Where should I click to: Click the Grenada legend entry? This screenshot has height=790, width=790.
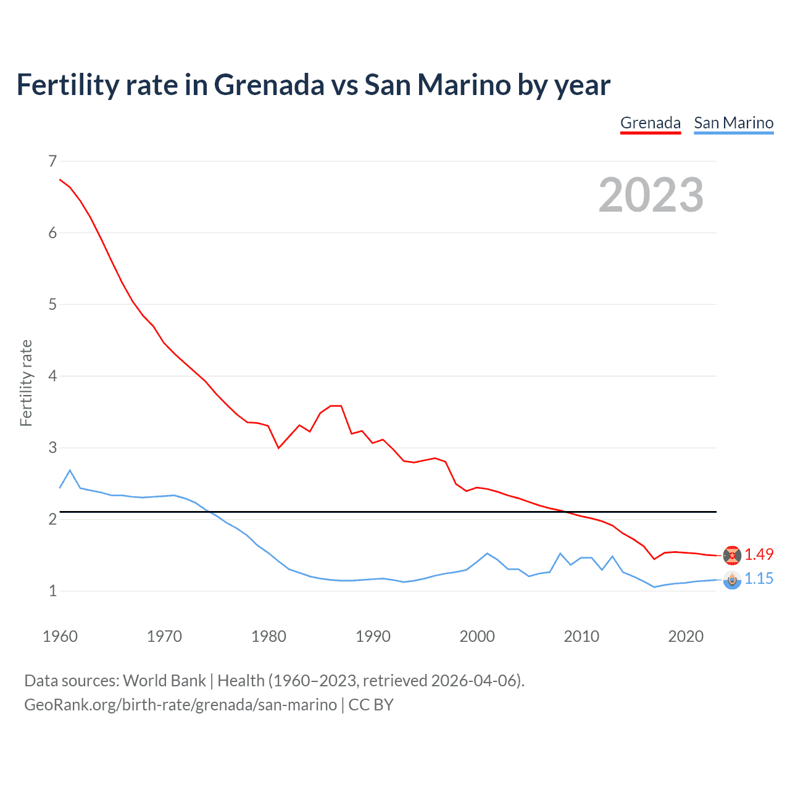pyautogui.click(x=651, y=123)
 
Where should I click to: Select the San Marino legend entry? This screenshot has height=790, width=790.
pyautogui.click(x=733, y=123)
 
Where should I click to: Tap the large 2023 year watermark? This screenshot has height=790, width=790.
pyautogui.click(x=651, y=195)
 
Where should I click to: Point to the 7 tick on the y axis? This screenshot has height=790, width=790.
pyautogui.click(x=52, y=161)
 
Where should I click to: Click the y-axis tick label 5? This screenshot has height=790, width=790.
pyautogui.click(x=52, y=304)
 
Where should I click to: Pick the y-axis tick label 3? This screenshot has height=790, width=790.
pyautogui.click(x=52, y=447)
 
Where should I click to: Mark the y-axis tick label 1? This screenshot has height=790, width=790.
pyautogui.click(x=52, y=591)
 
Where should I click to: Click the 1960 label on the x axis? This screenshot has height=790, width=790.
pyautogui.click(x=60, y=636)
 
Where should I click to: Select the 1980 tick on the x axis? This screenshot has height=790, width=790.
pyautogui.click(x=268, y=636)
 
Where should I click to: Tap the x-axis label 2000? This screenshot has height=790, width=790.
pyautogui.click(x=477, y=636)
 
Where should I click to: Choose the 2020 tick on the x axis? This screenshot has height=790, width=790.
pyautogui.click(x=686, y=636)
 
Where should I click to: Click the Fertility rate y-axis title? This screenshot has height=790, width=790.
pyautogui.click(x=26, y=383)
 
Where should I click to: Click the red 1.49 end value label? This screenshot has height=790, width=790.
pyautogui.click(x=759, y=554)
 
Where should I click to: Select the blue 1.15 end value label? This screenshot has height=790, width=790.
pyautogui.click(x=759, y=578)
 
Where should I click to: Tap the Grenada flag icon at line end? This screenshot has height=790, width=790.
pyautogui.click(x=732, y=555)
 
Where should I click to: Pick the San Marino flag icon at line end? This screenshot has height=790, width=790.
pyautogui.click(x=732, y=580)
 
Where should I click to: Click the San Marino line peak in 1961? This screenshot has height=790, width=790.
pyautogui.click(x=70, y=470)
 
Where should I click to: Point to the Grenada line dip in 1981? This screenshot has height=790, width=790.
pyautogui.click(x=278, y=447)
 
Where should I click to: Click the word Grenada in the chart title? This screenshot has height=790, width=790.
pyautogui.click(x=269, y=85)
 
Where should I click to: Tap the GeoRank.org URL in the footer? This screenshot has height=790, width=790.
pyautogui.click(x=180, y=704)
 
